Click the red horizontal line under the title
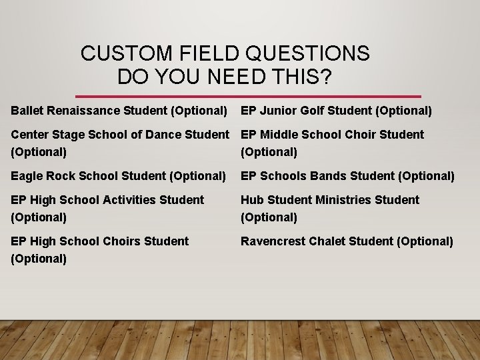(x=248, y=96)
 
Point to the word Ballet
(x=27, y=110)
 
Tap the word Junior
(x=278, y=110)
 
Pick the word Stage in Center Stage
(x=67, y=135)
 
